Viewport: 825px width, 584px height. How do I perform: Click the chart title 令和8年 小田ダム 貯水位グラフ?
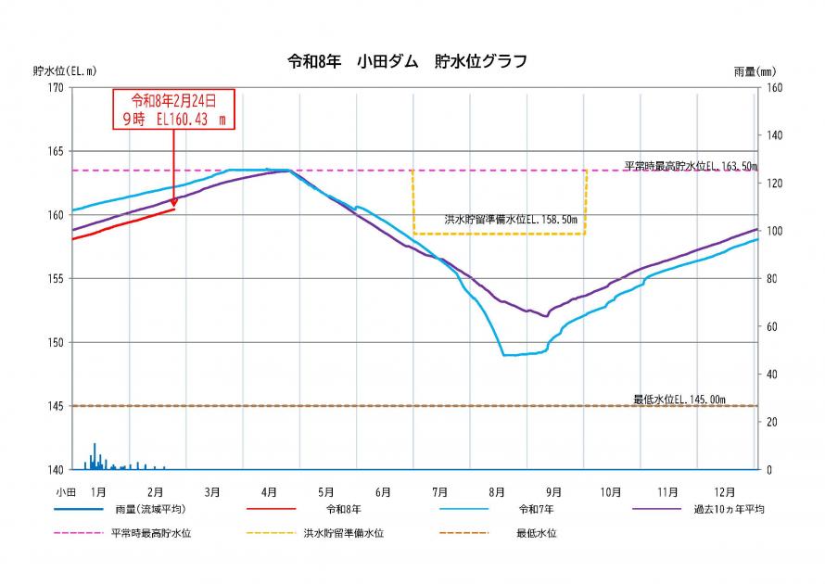click(x=408, y=62)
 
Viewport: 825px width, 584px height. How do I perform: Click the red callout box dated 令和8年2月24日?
click(x=174, y=109)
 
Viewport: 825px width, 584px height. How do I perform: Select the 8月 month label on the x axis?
click(x=497, y=490)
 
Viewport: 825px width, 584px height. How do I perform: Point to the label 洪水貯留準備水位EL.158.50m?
click(x=510, y=222)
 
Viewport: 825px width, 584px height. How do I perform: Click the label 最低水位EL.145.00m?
click(x=679, y=400)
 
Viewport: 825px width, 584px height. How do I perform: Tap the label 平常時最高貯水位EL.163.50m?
click(x=690, y=166)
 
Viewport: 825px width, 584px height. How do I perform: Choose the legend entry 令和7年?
click(x=538, y=510)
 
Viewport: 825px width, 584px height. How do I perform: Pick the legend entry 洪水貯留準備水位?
click(x=343, y=533)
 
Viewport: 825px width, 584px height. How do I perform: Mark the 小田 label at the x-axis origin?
click(x=64, y=490)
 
